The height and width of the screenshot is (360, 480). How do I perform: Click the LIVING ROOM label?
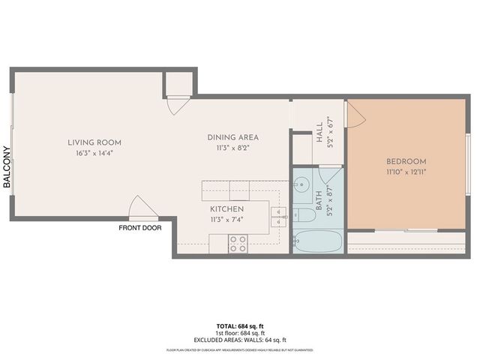[94, 142]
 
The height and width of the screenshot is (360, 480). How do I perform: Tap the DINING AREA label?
[232, 137]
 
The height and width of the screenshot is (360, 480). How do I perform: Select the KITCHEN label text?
[226, 208]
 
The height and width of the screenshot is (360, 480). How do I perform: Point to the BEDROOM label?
[406, 161]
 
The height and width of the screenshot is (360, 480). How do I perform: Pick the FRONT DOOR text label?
[140, 228]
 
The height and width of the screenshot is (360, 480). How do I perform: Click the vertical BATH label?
[319, 199]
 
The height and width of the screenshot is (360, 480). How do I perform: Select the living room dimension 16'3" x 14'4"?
[94, 153]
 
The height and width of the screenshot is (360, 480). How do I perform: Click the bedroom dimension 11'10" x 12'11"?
[406, 172]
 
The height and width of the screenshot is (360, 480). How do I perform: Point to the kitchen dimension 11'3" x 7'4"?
[226, 219]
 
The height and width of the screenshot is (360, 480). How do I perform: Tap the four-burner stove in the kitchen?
[238, 243]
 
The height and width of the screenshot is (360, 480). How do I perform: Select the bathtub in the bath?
[318, 242]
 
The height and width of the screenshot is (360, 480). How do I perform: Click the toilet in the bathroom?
[305, 215]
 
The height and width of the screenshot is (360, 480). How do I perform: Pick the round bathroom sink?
[301, 184]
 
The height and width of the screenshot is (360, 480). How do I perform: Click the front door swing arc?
[139, 205]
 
